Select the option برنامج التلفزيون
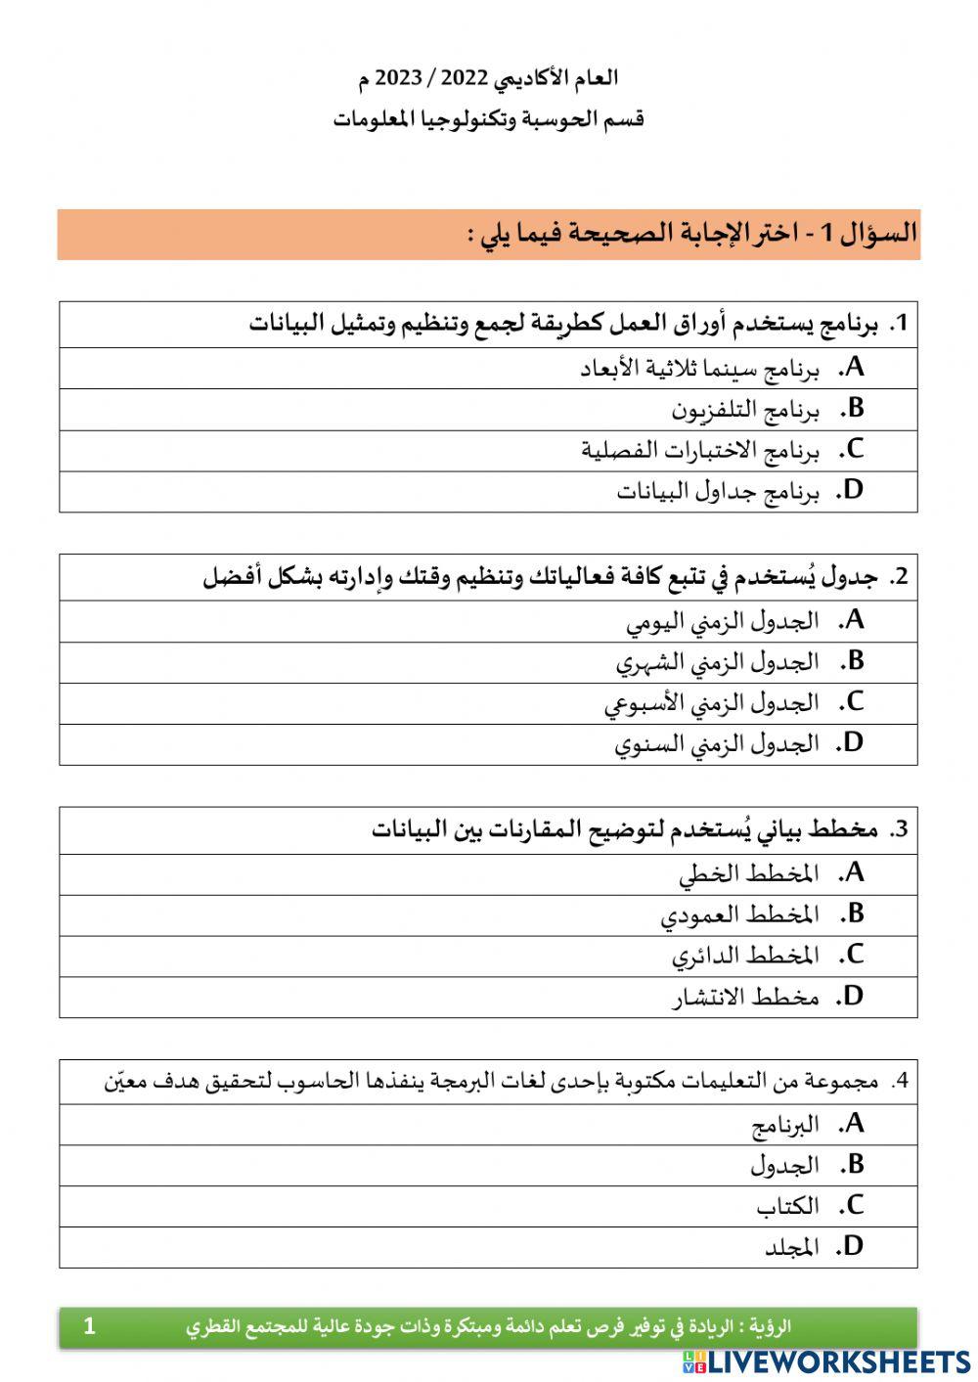tap(744, 410)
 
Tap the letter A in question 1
tap(855, 368)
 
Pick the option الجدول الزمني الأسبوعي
tap(711, 703)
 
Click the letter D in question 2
tap(853, 744)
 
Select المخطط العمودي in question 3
tap(739, 915)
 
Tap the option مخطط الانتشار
tap(745, 998)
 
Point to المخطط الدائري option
tap(745, 956)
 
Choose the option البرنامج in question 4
tap(784, 1126)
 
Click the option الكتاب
tap(787, 1207)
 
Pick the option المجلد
tap(790, 1248)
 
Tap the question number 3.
tap(900, 830)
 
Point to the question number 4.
tap(901, 1082)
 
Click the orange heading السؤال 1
tap(867, 234)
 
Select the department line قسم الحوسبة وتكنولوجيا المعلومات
tap(488, 119)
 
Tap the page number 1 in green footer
tap(90, 1326)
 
